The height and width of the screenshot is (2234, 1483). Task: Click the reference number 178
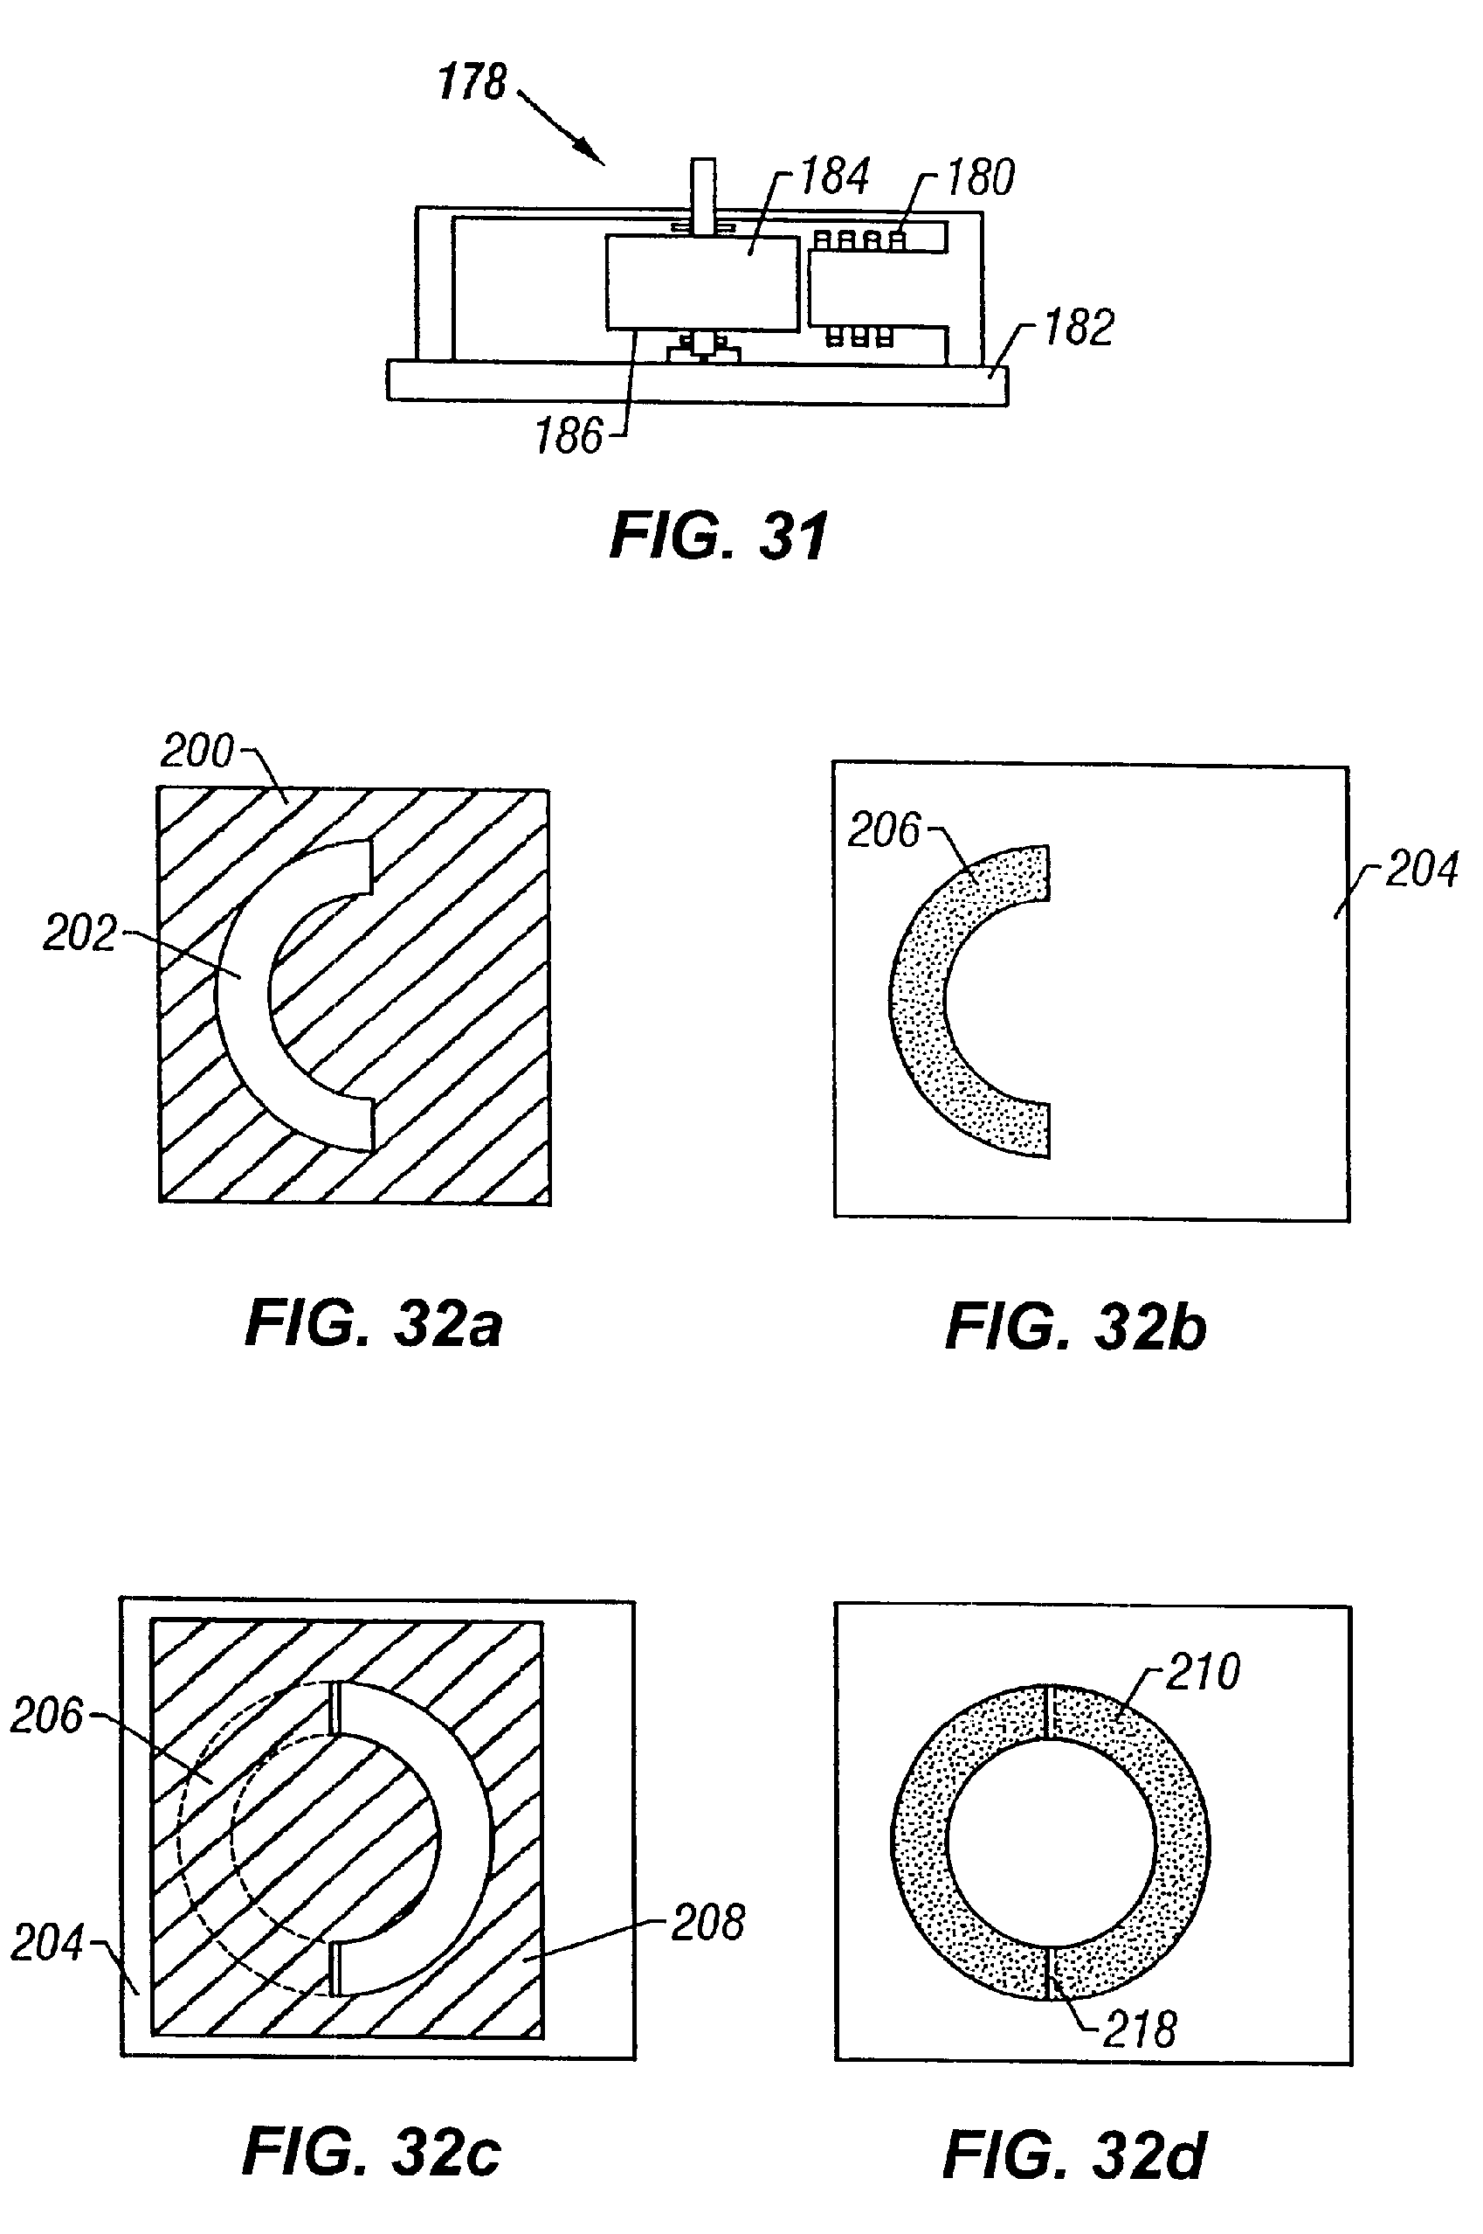pyautogui.click(x=472, y=83)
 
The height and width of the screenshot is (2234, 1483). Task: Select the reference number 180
pyautogui.click(x=981, y=178)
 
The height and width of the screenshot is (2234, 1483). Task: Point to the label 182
pyautogui.click(x=1079, y=329)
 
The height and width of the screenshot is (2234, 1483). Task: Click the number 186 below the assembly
pyautogui.click(x=569, y=437)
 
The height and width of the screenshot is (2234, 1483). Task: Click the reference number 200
pyautogui.click(x=197, y=753)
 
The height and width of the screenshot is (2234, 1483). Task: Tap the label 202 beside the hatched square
pyautogui.click(x=79, y=934)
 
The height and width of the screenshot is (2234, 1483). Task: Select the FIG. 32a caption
pyautogui.click(x=373, y=1324)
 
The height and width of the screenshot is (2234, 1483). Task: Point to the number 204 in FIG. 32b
pyautogui.click(x=1422, y=870)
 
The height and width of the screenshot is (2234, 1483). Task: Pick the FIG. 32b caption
pyautogui.click(x=1075, y=1327)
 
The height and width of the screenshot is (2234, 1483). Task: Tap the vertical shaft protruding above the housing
pyautogui.click(x=703, y=190)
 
